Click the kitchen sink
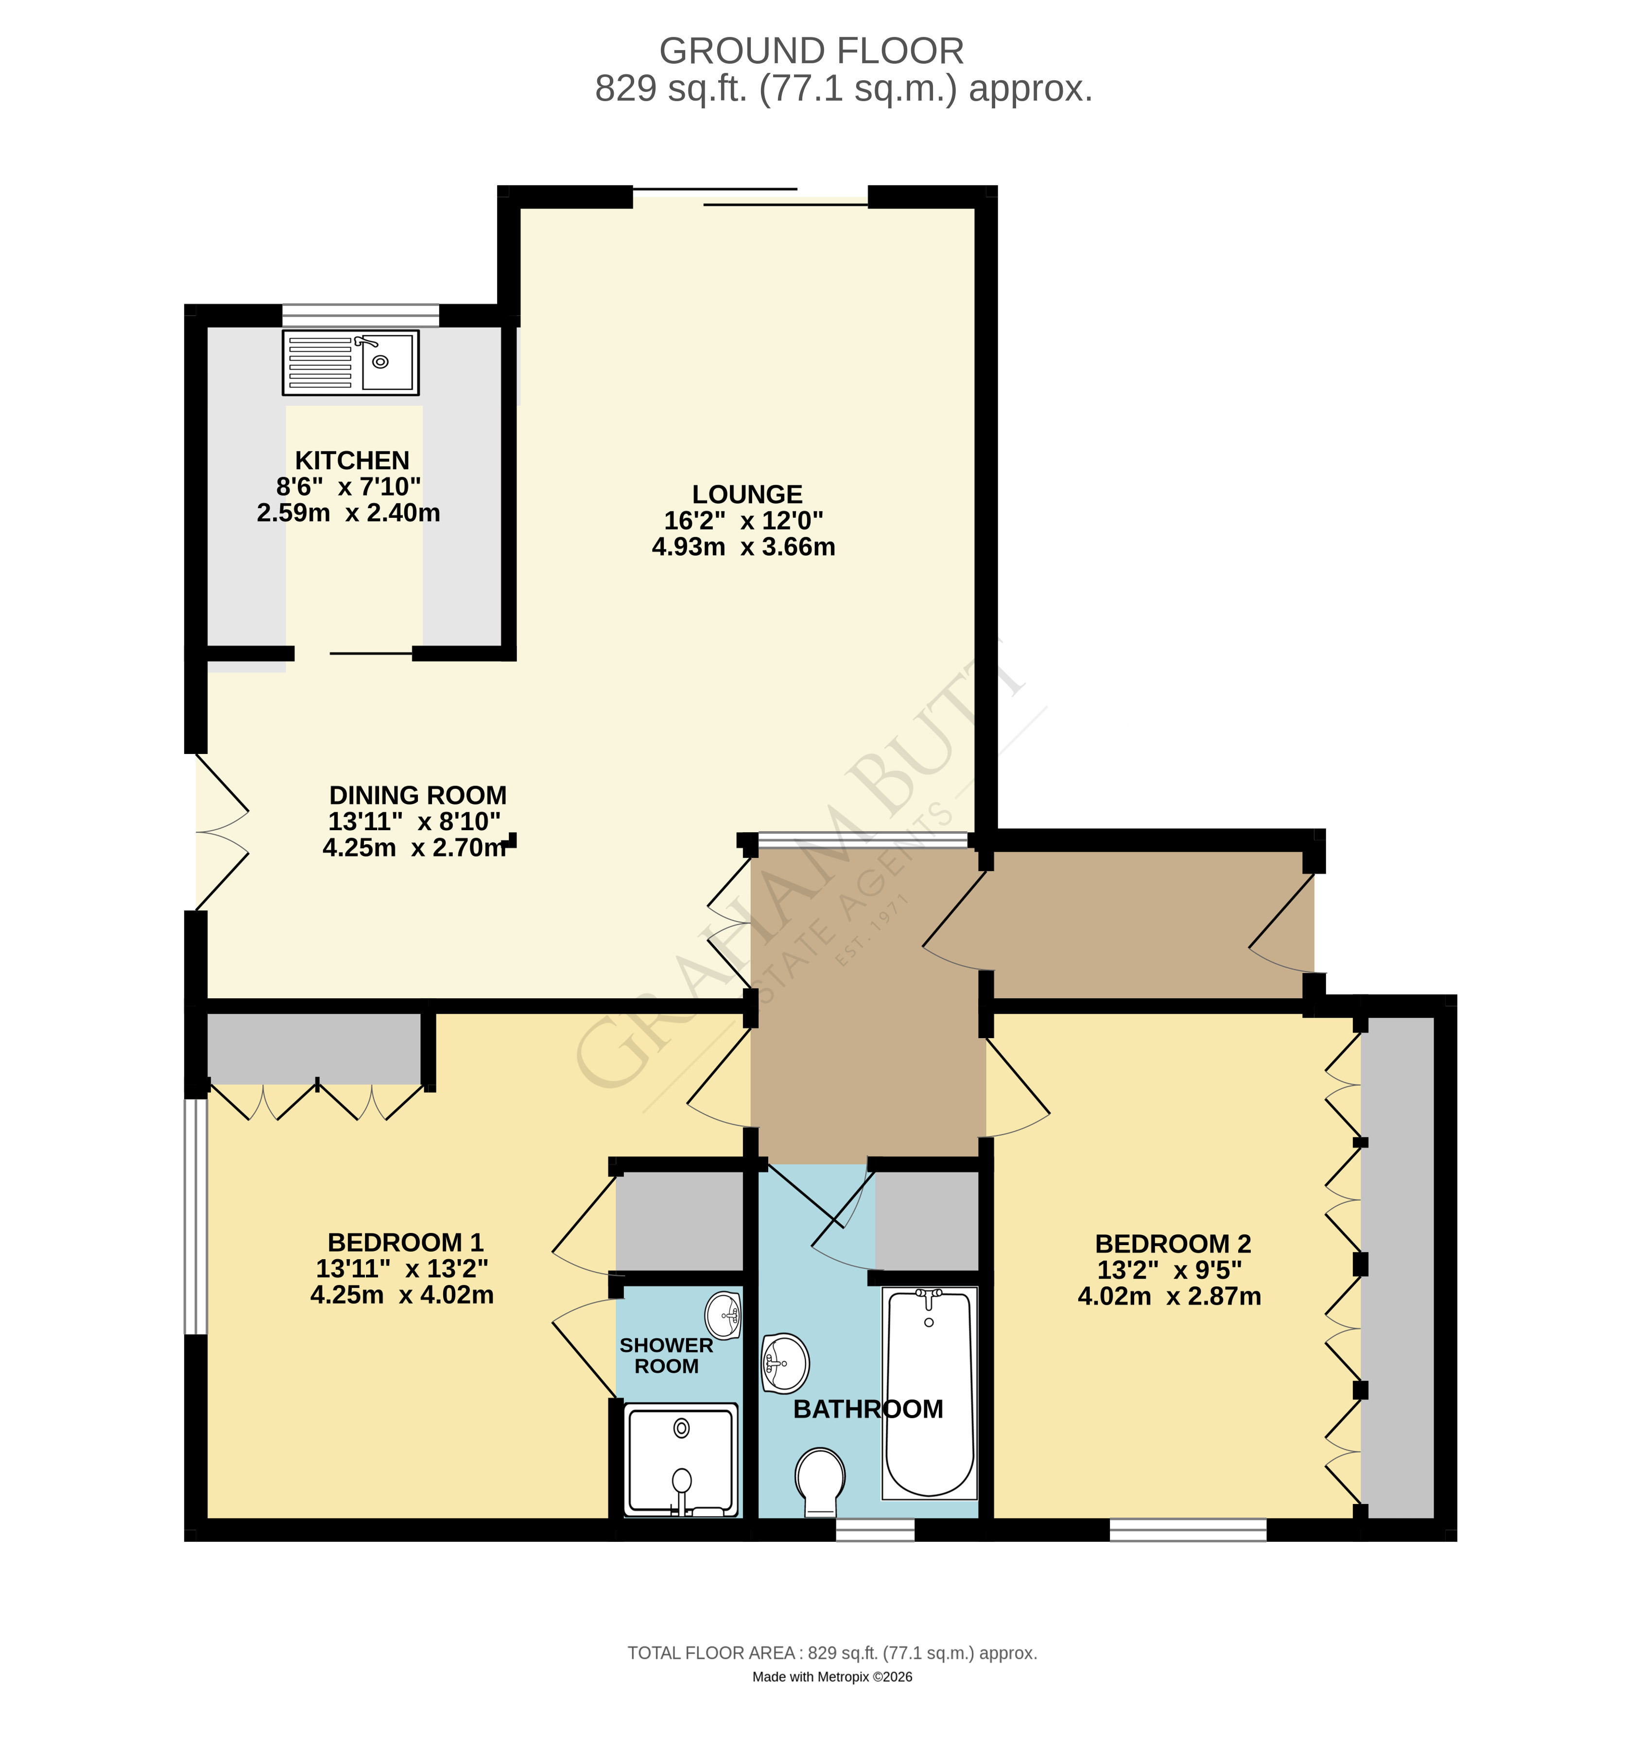click(351, 362)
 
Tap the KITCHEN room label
click(352, 461)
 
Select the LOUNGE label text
click(746, 494)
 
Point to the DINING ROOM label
click(417, 795)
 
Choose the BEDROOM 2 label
click(1173, 1244)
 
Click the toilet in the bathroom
click(820, 1483)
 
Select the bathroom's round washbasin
click(785, 1364)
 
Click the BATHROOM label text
click(868, 1409)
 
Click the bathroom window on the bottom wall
click(875, 1530)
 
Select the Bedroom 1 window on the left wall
click(195, 1215)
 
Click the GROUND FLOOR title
click(811, 51)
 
